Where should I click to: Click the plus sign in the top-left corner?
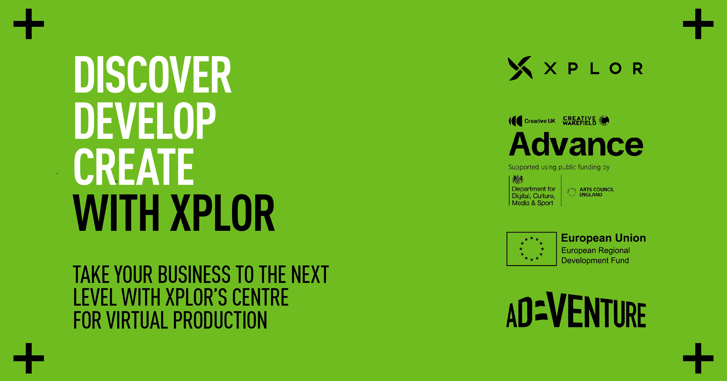[28, 24]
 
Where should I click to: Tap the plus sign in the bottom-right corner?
[698, 358]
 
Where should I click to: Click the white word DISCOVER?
[153, 75]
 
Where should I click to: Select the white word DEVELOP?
[145, 120]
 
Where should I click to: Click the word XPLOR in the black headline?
[222, 213]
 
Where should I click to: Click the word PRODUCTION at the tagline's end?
[220, 320]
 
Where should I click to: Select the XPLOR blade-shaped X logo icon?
[520, 68]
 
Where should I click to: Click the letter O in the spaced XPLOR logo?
[615, 69]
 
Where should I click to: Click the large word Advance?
[576, 144]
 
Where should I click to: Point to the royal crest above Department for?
[518, 180]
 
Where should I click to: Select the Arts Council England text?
[596, 192]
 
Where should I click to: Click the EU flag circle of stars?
[532, 249]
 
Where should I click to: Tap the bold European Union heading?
[603, 238]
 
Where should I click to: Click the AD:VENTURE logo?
[576, 310]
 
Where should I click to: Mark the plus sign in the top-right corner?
[698, 24]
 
